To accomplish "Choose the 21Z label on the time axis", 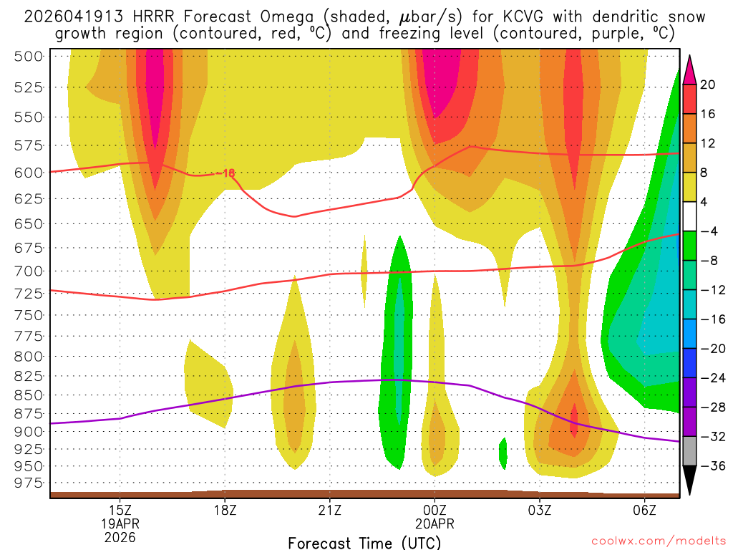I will coord(329,510).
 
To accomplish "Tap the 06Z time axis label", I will coord(644,510).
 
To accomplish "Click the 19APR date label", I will coord(120,523).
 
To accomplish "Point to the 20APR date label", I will coord(435,523).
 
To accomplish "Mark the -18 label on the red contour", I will coord(225,173).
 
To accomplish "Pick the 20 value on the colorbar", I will coord(708,85).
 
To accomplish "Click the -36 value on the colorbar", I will coord(709,466).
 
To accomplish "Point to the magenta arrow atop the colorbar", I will coord(690,69).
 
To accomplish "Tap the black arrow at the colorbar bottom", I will coord(690,481).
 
